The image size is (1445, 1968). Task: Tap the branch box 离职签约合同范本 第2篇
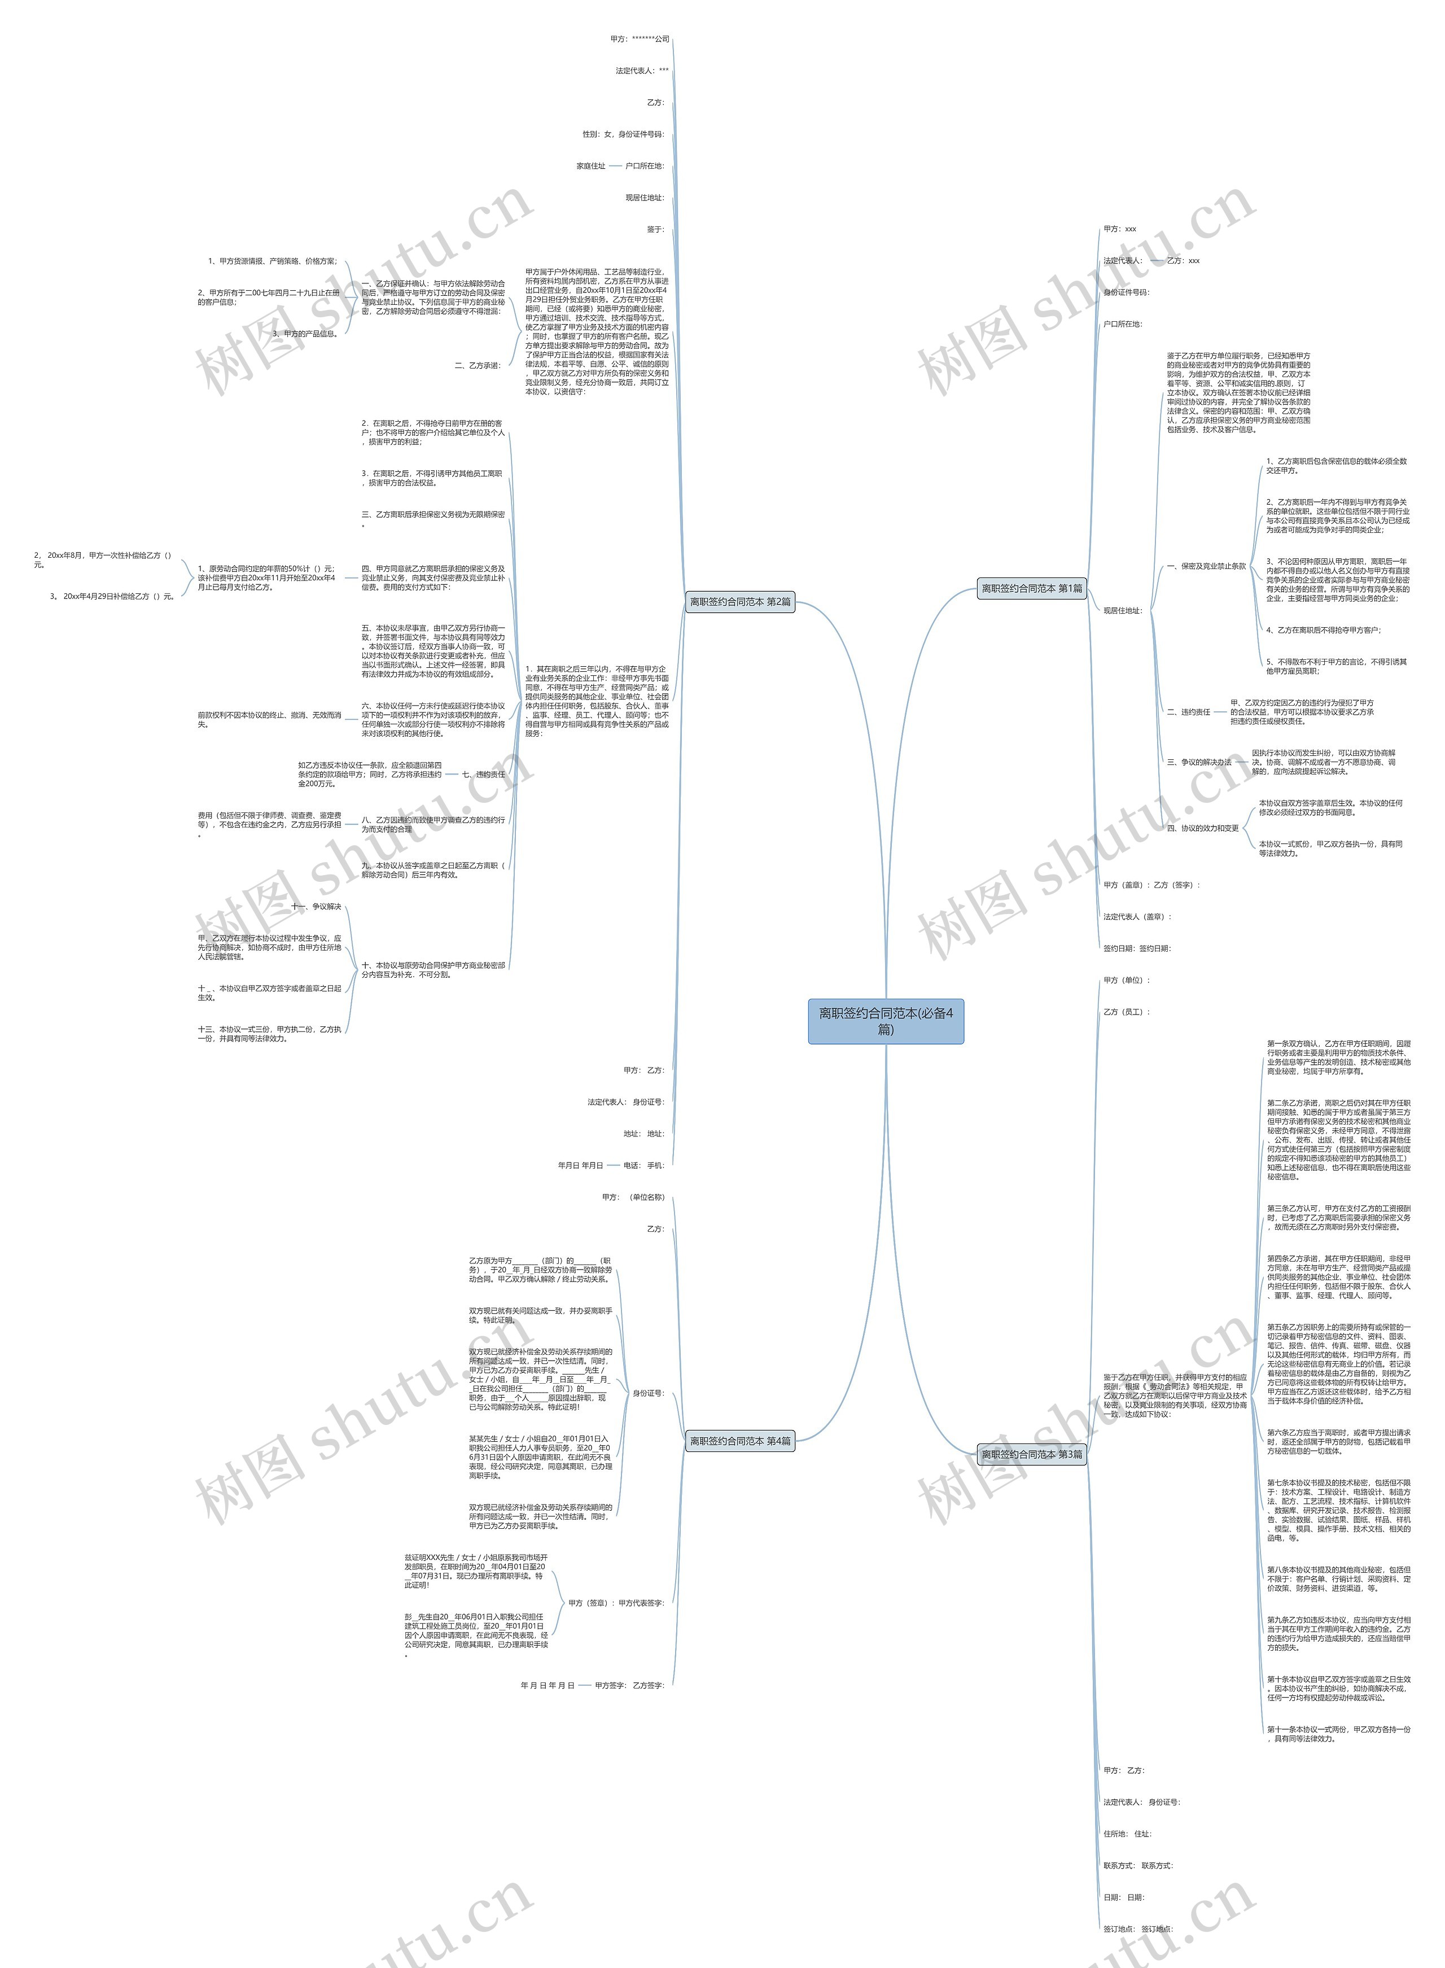[x=740, y=602]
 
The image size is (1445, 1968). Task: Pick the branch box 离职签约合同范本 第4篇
[x=740, y=1441]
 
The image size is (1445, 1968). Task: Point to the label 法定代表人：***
[x=642, y=71]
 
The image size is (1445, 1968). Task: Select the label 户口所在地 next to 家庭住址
[x=645, y=166]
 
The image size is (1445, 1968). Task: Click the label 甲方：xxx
[x=1120, y=229]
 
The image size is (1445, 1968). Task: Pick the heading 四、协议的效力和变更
[x=1203, y=828]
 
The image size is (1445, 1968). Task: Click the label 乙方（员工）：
[x=1127, y=1012]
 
